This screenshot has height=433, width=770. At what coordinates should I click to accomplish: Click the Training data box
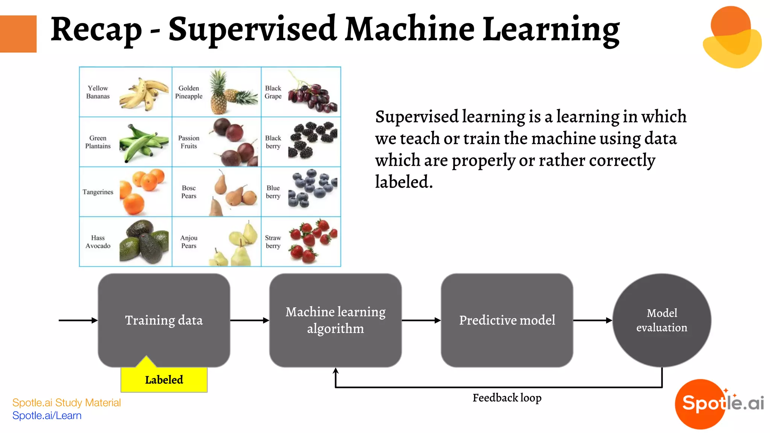pyautogui.click(x=164, y=320)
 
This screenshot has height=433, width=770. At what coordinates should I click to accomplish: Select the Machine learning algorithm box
pyautogui.click(x=335, y=320)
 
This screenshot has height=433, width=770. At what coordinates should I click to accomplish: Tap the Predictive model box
pyautogui.click(x=507, y=320)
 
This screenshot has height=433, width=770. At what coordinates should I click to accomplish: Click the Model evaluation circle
pyautogui.click(x=662, y=320)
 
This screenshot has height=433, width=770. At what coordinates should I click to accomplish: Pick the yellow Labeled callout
pyautogui.click(x=164, y=380)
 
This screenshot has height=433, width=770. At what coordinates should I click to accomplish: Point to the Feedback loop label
pyautogui.click(x=507, y=398)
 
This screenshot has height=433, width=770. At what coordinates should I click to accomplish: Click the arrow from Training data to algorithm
pyautogui.click(x=249, y=320)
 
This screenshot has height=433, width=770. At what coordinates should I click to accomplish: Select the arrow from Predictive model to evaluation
pyautogui.click(x=593, y=320)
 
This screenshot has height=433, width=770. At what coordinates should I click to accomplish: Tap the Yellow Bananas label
pyautogui.click(x=98, y=92)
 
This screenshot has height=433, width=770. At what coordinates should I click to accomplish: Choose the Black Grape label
pyautogui.click(x=273, y=92)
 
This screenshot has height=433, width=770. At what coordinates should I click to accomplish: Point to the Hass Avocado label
pyautogui.click(x=98, y=242)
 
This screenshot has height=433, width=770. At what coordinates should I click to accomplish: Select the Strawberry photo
pyautogui.click(x=313, y=241)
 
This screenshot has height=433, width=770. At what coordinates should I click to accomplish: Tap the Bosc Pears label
pyautogui.click(x=189, y=192)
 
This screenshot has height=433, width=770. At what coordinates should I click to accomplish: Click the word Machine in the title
pyautogui.click(x=410, y=29)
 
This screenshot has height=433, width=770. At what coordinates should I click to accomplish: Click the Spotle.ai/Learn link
pyautogui.click(x=47, y=416)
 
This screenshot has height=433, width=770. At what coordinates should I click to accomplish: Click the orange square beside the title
pyautogui.click(x=18, y=34)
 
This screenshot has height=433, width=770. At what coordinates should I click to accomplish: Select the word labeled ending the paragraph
pyautogui.click(x=404, y=182)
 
